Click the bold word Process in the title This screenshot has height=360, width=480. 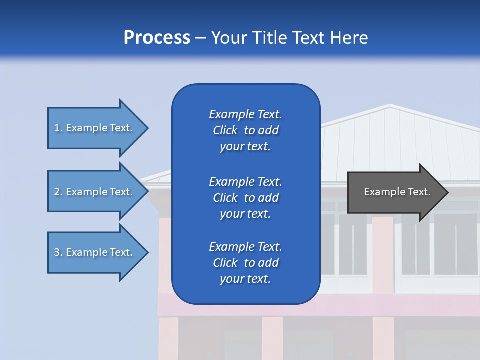[x=157, y=38]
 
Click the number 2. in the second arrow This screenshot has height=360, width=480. [x=58, y=192]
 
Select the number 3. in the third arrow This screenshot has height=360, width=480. [x=58, y=252]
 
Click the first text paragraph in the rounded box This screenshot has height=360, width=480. [x=245, y=130]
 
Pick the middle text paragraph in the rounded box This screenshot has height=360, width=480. [x=245, y=197]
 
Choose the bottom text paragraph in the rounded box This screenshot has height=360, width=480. [x=245, y=263]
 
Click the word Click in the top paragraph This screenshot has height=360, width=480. [x=225, y=130]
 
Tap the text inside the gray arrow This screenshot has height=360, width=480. [x=397, y=192]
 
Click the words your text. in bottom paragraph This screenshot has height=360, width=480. [x=245, y=279]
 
